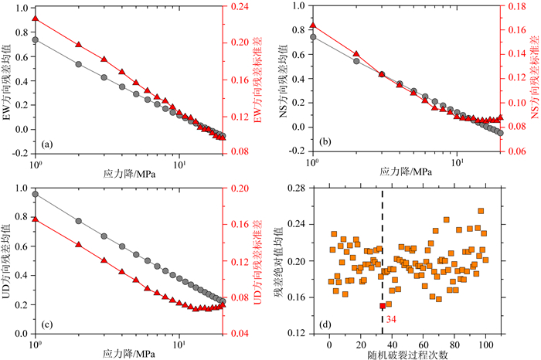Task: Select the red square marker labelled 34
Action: [383, 306]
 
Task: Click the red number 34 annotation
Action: [390, 318]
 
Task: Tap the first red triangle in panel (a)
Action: [36, 19]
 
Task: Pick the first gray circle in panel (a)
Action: [36, 39]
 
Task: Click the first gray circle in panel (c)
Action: [36, 194]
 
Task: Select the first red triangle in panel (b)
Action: [312, 25]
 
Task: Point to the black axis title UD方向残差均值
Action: [7, 262]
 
